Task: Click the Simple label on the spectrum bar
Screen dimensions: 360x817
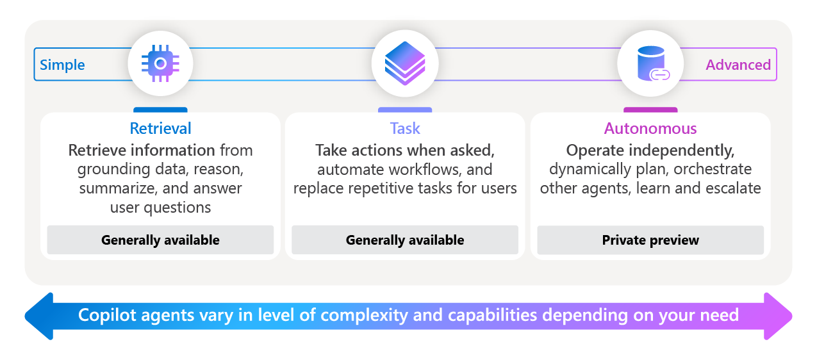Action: [62, 65]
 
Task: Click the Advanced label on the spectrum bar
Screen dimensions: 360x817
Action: [738, 65]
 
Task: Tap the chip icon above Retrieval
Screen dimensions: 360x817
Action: [160, 63]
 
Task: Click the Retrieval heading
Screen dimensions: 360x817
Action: [160, 128]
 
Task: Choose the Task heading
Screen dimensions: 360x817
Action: [405, 128]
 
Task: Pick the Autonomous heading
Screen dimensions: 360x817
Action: [650, 128]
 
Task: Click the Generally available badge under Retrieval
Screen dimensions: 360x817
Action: [160, 240]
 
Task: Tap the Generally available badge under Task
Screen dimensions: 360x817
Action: [405, 240]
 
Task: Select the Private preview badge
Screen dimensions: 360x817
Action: [650, 240]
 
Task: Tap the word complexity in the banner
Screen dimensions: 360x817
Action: [365, 315]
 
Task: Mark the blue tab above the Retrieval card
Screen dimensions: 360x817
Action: [160, 111]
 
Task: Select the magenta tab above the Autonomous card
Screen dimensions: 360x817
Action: [650, 111]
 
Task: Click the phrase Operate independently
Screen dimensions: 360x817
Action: [650, 151]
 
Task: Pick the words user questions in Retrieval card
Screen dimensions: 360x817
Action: [160, 208]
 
